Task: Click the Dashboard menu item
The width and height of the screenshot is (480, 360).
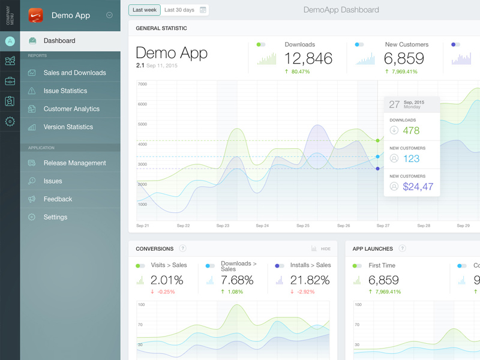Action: tap(59, 41)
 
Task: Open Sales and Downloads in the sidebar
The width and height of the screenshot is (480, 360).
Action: tap(74, 73)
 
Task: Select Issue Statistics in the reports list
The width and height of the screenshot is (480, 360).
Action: tap(65, 91)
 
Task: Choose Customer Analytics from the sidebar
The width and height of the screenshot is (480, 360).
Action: tap(71, 109)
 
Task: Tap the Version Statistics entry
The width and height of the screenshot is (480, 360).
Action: tap(68, 127)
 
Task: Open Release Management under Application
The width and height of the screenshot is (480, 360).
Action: tap(74, 163)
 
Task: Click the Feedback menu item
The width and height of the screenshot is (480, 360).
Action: tap(58, 199)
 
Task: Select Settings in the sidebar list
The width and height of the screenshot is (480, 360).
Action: tap(55, 217)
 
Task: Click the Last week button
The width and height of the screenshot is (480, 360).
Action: tap(145, 10)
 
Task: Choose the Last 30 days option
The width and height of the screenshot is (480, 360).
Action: tap(179, 10)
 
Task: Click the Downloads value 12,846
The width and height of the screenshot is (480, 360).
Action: tap(308, 58)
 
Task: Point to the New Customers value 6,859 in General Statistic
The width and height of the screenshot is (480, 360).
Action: tap(404, 58)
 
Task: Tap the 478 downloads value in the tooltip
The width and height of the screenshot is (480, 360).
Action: tap(411, 130)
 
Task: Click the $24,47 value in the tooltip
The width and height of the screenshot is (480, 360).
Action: tap(418, 187)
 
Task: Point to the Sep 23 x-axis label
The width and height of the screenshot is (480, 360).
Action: tap(223, 226)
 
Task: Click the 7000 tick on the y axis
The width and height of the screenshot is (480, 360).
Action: tap(142, 84)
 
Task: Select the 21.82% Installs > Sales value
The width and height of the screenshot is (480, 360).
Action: tap(310, 280)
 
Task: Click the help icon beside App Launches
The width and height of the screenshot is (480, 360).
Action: tap(403, 248)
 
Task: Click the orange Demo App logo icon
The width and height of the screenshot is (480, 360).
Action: tap(37, 15)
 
